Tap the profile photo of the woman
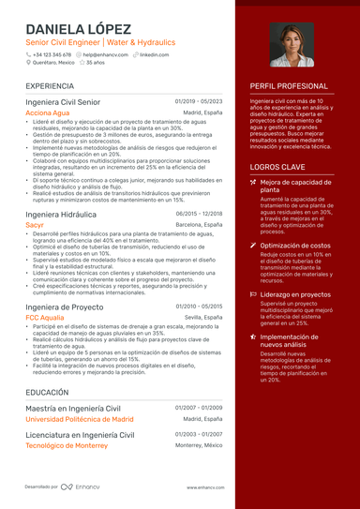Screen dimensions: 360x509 pyautogui.click(x=292, y=45)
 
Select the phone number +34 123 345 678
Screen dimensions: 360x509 pyautogui.click(x=52, y=54)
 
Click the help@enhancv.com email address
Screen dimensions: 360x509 pyautogui.click(x=104, y=54)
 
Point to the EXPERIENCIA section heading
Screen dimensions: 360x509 pyautogui.click(x=52, y=85)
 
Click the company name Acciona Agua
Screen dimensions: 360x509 pyautogui.click(x=47, y=112)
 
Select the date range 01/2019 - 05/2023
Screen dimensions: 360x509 pyautogui.click(x=199, y=100)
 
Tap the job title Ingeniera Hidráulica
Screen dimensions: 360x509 pyautogui.click(x=62, y=214)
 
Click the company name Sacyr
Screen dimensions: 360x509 pyautogui.click(x=35, y=226)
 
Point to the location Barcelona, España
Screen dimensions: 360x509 pyautogui.click(x=199, y=226)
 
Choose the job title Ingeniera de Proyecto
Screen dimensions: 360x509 pyautogui.click(x=64, y=307)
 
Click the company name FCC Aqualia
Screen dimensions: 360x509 pyautogui.click(x=45, y=318)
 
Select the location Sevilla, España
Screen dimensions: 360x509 pyautogui.click(x=202, y=318)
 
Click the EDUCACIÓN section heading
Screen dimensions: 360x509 pyautogui.click(x=47, y=392)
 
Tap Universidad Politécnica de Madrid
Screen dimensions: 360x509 pyautogui.click(x=79, y=419)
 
